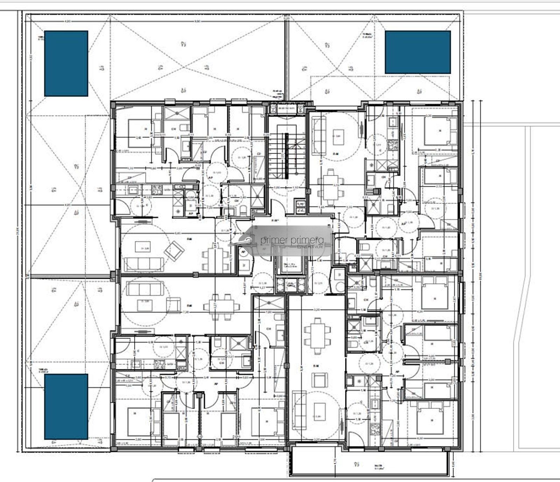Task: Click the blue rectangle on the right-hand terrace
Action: click(x=418, y=52)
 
